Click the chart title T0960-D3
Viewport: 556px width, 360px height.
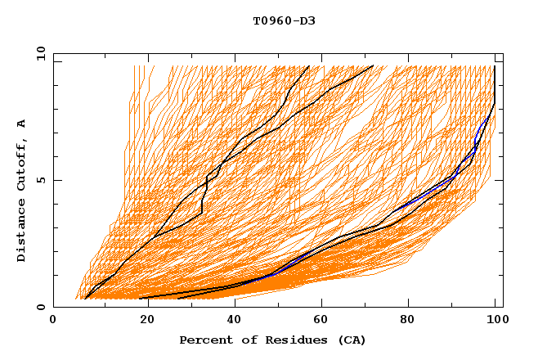click(x=284, y=20)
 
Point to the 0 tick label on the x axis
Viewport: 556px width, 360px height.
click(x=53, y=322)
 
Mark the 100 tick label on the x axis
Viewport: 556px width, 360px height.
click(x=495, y=322)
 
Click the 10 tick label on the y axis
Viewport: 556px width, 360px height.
click(x=39, y=53)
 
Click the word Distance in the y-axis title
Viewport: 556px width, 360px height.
click(x=22, y=232)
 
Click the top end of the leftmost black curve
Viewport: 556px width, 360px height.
click(x=308, y=66)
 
